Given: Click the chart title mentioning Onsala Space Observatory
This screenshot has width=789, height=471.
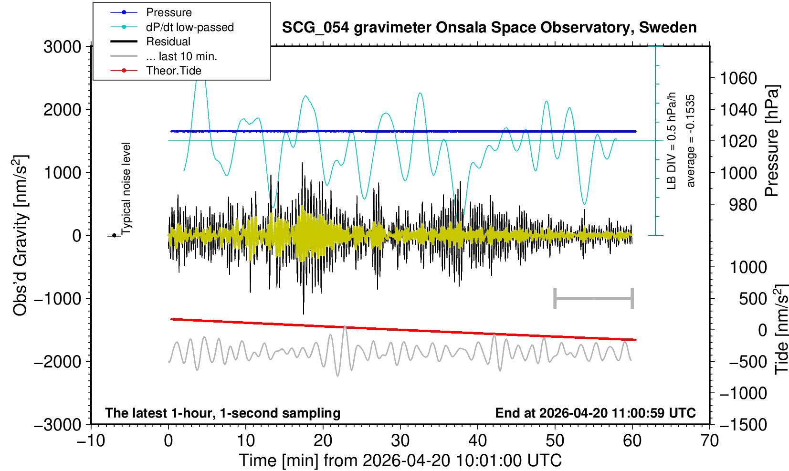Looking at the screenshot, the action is click(x=489, y=28).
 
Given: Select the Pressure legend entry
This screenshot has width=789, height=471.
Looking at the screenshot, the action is click(x=151, y=12).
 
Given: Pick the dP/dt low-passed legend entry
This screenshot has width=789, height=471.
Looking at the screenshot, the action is click(x=172, y=27).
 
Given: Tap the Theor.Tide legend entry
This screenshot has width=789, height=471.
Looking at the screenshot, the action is click(x=156, y=71).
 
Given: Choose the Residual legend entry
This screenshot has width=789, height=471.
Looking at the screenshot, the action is click(x=150, y=42).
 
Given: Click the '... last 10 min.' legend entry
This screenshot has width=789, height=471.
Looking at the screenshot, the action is click(x=164, y=56).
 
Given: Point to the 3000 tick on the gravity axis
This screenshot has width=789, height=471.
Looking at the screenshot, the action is click(x=63, y=47).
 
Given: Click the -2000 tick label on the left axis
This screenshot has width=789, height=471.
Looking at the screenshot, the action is click(x=58, y=361).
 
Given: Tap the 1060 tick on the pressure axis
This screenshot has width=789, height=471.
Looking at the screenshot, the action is click(x=738, y=78).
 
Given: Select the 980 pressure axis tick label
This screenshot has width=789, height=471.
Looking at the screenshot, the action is click(x=743, y=205).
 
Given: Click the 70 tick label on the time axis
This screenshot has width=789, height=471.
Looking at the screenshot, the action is click(x=709, y=441).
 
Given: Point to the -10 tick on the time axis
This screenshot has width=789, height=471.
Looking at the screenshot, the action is click(x=91, y=441).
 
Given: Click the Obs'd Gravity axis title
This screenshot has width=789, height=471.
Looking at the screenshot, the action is click(x=20, y=235).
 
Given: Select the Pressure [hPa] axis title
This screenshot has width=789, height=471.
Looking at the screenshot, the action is click(x=772, y=141).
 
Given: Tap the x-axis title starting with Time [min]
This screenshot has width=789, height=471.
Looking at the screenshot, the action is click(x=400, y=461).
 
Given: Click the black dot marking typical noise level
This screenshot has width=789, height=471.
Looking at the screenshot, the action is click(x=114, y=235).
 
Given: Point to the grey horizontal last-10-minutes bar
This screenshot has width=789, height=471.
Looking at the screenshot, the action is click(x=594, y=298).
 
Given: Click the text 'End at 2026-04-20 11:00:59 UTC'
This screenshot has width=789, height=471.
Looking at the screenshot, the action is click(x=595, y=413).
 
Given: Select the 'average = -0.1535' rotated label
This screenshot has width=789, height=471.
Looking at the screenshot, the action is click(x=691, y=141).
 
